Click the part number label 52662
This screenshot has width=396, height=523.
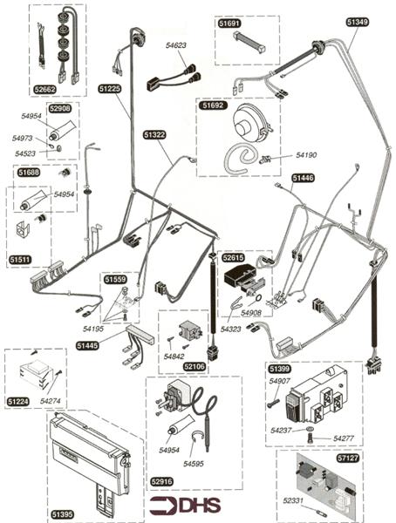pyautogui.click(x=45, y=89)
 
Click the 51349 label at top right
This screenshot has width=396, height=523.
pyautogui.click(x=358, y=23)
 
